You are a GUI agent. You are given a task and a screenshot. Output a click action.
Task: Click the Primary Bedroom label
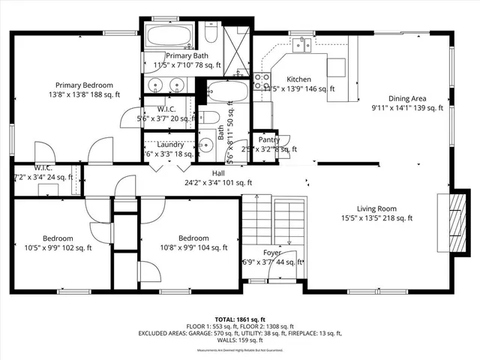[83, 85]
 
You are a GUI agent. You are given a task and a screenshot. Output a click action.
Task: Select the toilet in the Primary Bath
[211, 34]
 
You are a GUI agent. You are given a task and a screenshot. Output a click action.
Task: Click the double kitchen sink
[303, 45]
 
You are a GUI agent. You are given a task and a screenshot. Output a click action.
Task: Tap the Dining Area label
[407, 98]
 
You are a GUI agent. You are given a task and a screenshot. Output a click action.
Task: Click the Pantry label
[268, 139]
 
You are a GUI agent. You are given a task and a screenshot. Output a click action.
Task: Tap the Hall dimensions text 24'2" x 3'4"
[217, 182]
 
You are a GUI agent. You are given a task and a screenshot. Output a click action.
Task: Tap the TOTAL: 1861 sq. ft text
[239, 319]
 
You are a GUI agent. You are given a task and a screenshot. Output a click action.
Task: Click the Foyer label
[271, 253]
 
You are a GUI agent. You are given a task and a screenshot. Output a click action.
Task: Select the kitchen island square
[335, 66]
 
